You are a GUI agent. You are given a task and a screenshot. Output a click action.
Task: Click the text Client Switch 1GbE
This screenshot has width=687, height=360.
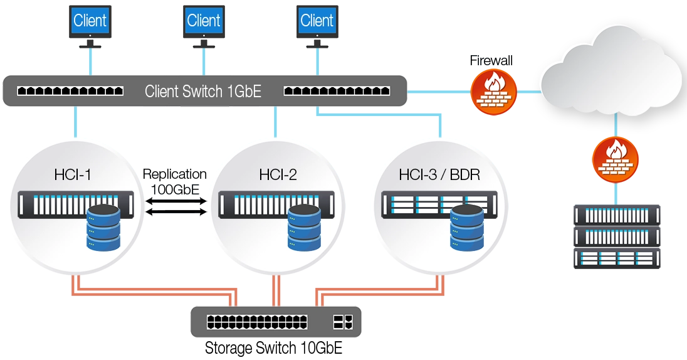[202, 92]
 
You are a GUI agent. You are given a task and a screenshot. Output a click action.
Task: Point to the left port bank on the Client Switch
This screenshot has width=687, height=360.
[70, 91]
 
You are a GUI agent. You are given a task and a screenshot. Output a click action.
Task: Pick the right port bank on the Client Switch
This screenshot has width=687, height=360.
[337, 91]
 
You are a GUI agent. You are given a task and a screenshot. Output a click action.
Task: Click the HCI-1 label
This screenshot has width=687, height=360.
[72, 174]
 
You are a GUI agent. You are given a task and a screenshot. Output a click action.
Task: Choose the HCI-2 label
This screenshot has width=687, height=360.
[278, 174]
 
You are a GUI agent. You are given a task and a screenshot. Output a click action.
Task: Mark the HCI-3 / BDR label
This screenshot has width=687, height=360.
[439, 174]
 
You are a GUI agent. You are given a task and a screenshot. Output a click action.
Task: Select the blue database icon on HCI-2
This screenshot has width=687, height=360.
[304, 227]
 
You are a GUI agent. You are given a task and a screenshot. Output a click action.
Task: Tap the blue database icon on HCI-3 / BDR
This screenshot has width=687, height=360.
[467, 227]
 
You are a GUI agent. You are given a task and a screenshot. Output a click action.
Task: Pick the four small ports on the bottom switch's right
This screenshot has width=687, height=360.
[343, 322]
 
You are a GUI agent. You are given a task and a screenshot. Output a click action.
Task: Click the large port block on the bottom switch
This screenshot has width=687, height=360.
[257, 322]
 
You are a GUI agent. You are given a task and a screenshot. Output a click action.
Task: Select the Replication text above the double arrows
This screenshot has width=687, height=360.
[176, 174]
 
